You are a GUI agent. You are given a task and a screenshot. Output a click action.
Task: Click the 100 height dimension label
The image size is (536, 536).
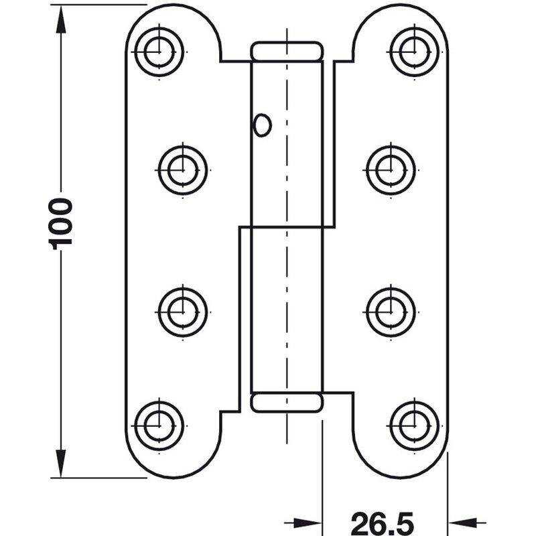[61, 224]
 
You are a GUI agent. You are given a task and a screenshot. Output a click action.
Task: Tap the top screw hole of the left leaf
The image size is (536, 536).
[159, 52]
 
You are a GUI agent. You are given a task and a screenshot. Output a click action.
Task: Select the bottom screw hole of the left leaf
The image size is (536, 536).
[159, 426]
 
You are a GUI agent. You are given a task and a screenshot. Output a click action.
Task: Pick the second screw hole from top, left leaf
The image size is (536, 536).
[183, 170]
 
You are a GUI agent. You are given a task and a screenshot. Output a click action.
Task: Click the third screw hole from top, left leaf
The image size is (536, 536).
[183, 312]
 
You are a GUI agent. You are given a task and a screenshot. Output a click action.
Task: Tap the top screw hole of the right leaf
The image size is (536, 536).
[414, 52]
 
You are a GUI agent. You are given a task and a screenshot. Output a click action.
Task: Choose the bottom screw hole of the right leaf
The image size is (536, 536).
[414, 426]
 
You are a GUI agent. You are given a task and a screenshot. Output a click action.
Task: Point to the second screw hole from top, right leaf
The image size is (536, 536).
[391, 170]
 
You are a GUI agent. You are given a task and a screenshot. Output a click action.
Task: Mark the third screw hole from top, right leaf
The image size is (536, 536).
[391, 312]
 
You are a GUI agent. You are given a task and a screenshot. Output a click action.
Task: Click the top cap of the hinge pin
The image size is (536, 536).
[287, 52]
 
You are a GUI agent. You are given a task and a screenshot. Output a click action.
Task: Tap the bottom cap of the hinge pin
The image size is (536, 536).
[287, 403]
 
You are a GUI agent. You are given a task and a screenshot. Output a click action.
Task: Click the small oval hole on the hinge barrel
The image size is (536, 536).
[262, 125]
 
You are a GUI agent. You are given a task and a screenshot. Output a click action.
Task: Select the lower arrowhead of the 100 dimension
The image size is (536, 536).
[61, 463]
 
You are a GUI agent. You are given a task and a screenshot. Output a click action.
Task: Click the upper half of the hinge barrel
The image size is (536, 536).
[287, 143]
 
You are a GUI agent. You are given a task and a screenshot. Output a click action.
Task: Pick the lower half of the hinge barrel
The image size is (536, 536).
[287, 310]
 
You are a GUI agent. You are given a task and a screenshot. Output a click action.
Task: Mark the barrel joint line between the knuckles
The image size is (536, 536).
[287, 226]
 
